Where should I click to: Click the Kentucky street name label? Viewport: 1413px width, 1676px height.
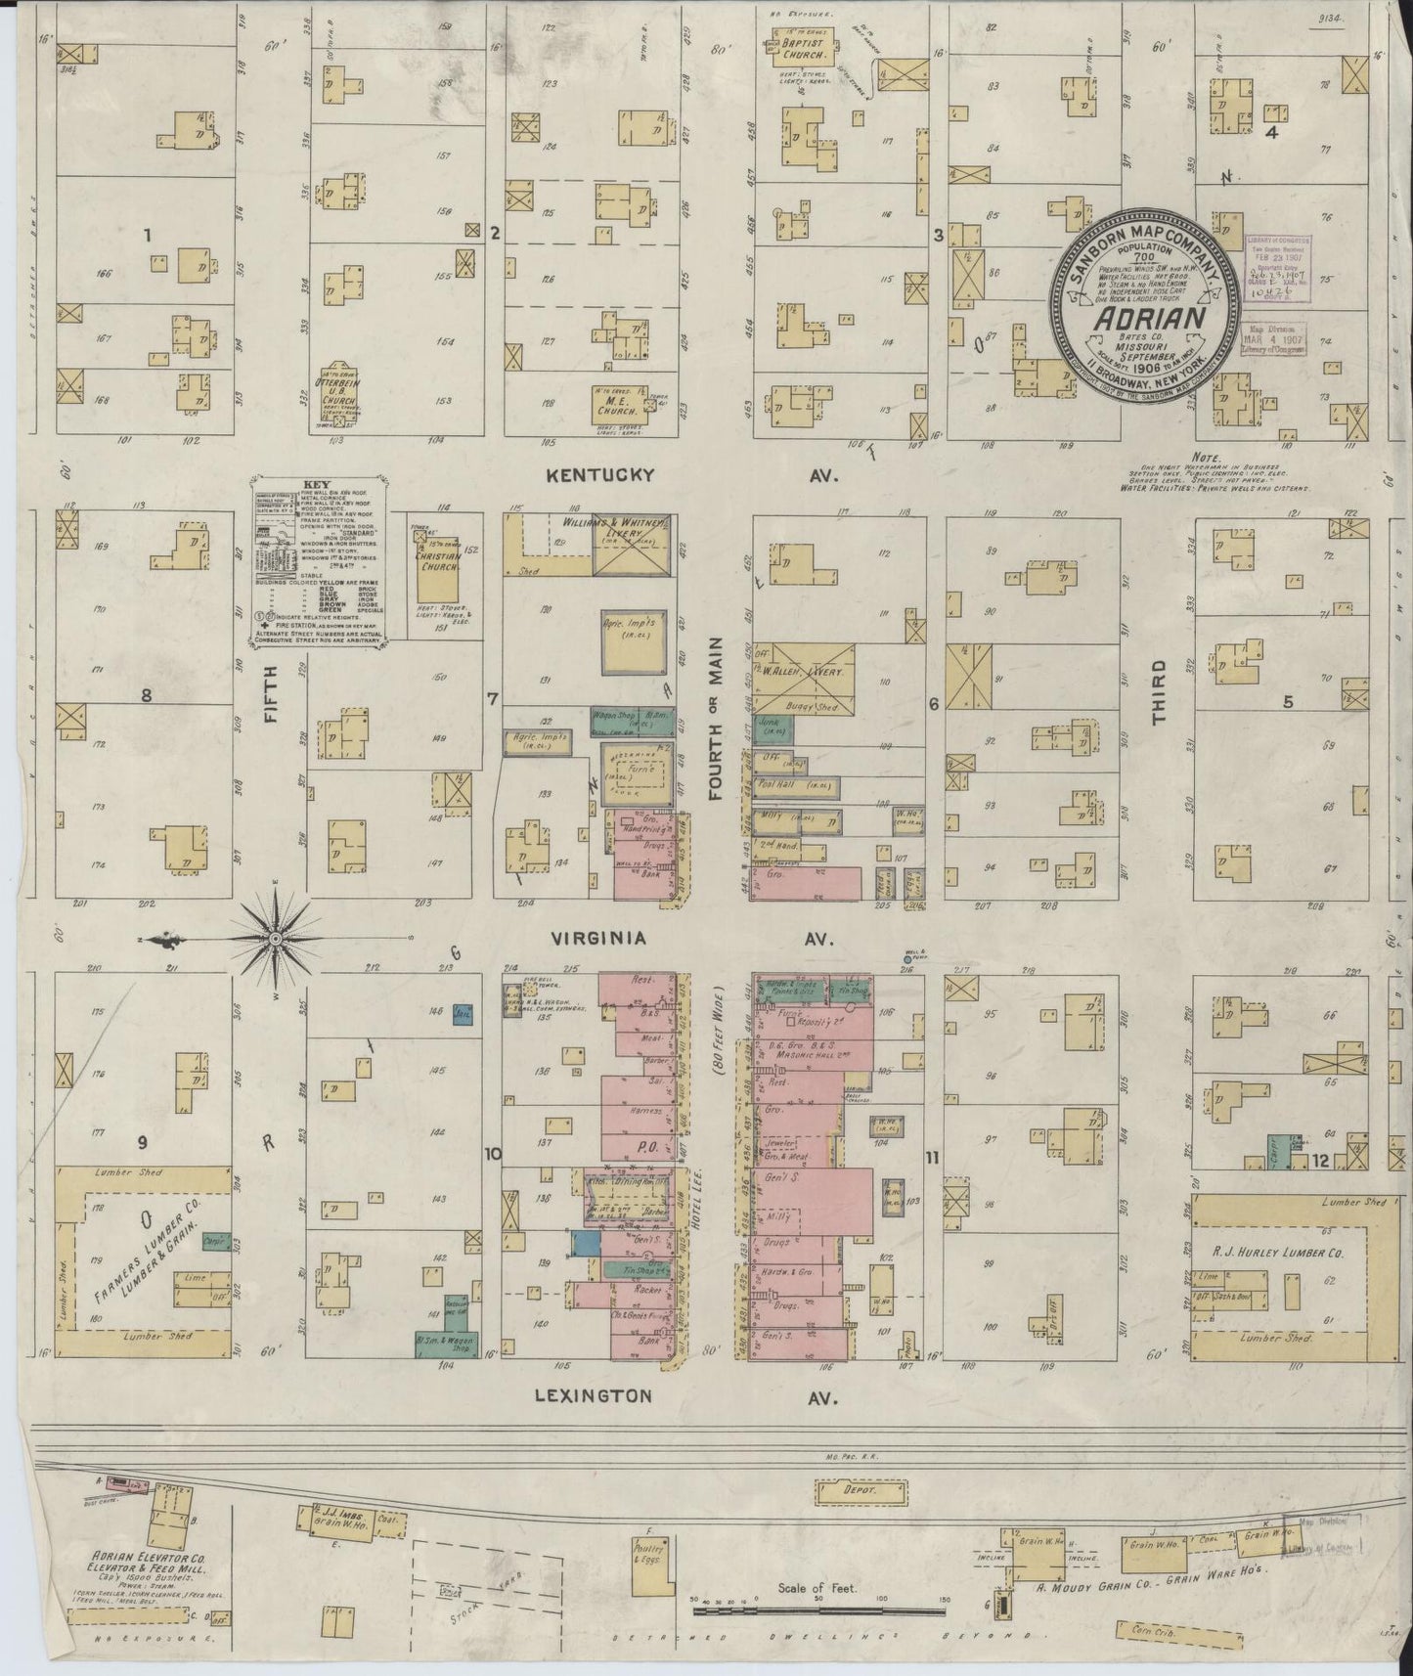pyautogui.click(x=598, y=475)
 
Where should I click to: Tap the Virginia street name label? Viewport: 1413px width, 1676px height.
pyautogui.click(x=598, y=939)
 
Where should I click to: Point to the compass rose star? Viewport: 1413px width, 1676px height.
pyautogui.click(x=276, y=940)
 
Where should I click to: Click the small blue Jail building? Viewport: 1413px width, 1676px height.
pyautogui.click(x=463, y=1014)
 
